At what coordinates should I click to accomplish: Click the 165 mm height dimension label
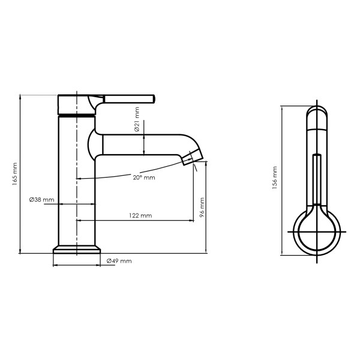point(15,174)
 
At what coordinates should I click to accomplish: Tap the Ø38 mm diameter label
point(42,200)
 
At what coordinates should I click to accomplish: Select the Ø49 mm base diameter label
point(119,261)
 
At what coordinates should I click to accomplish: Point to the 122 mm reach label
point(140,215)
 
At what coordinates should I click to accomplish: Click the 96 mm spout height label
point(202,208)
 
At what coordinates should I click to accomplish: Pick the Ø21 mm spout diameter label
point(137,119)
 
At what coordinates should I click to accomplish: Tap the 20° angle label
point(144,178)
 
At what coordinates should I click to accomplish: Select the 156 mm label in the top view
point(275,178)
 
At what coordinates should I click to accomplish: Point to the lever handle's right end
point(153,99)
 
